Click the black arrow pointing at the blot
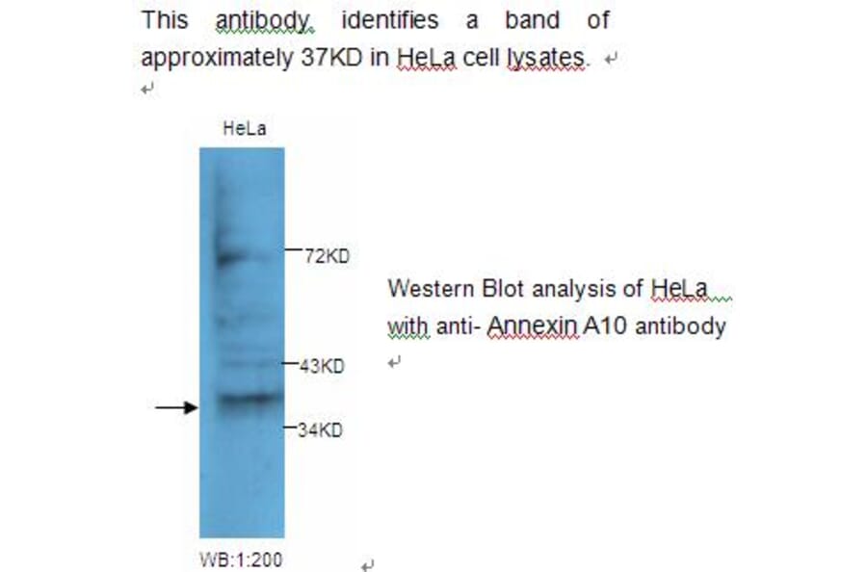[176, 408]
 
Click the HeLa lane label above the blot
[244, 129]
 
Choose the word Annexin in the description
[533, 326]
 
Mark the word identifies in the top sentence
[390, 19]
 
